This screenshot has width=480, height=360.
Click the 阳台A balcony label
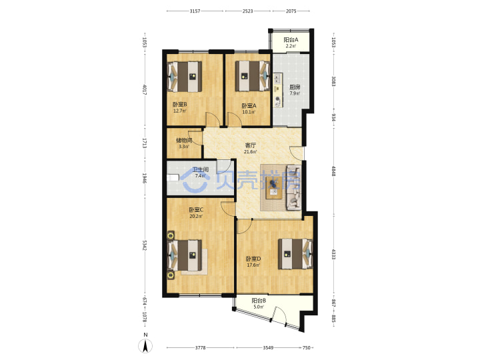291,40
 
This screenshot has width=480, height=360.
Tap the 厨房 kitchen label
295,87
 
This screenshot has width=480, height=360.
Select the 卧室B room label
180,105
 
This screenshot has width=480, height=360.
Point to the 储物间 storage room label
184,141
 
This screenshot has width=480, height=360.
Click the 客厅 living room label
250,145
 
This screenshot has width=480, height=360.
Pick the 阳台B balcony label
259,301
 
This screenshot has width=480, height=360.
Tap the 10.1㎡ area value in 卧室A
249,112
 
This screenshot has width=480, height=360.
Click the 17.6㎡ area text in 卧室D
253,265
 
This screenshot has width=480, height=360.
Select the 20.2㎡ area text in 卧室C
196,217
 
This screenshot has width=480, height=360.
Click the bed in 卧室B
185,77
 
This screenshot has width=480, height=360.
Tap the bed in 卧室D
295,254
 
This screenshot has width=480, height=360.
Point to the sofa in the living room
293,187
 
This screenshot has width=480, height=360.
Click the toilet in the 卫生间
173,177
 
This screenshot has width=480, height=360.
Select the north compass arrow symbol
146,346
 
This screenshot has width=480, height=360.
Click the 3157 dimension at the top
195,11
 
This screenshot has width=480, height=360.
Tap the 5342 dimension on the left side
144,245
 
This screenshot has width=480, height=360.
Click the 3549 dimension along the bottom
268,348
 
